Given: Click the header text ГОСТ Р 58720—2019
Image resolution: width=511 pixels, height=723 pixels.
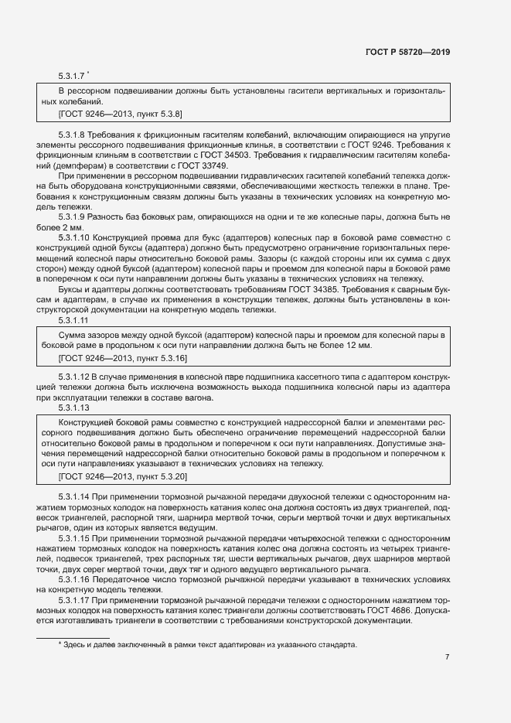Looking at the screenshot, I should point(407,53).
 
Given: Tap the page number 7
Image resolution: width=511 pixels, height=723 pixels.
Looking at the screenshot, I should point(447,658).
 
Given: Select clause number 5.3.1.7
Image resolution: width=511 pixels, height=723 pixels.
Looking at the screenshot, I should point(71,77).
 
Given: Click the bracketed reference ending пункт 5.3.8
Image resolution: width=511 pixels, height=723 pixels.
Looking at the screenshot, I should point(120,114).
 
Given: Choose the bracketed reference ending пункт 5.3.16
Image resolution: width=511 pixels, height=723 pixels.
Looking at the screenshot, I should point(122,359).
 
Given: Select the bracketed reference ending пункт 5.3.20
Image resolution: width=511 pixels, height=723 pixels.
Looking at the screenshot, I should point(122,477).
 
